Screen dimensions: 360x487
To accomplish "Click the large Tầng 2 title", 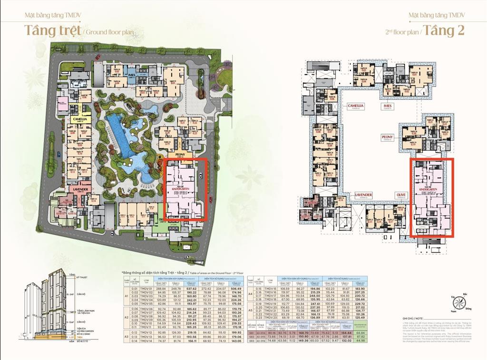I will [443, 30].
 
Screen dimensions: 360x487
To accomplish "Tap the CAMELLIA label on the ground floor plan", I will [79, 119].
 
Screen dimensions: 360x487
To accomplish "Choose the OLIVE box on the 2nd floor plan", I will [401, 195].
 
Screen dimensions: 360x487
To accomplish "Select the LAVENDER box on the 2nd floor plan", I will [363, 195].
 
